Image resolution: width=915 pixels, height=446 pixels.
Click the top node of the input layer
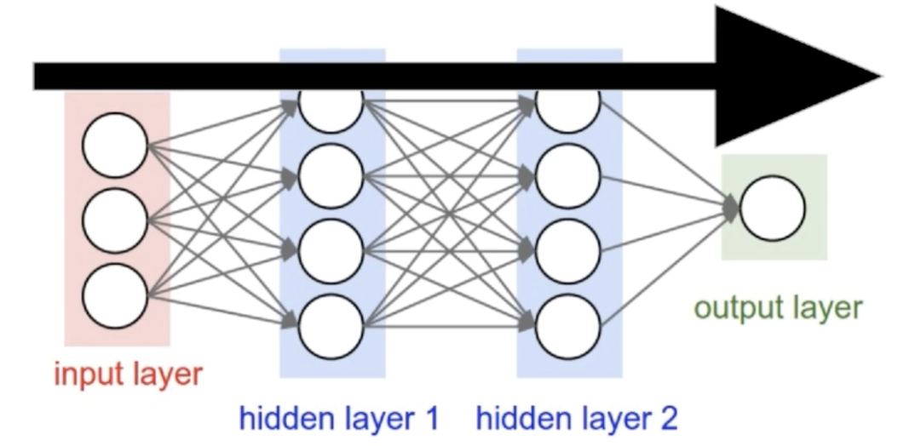(x=115, y=145)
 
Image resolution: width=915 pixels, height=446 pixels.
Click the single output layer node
(x=772, y=208)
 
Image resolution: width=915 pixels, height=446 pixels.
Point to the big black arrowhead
(x=792, y=77)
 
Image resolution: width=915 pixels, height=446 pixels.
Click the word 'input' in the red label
(x=83, y=375)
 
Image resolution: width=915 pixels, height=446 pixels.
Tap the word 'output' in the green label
(x=736, y=308)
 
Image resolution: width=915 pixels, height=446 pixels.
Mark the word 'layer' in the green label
(x=823, y=308)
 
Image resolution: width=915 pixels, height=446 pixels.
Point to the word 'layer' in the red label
(x=162, y=375)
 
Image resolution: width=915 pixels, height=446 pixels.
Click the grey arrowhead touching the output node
(x=732, y=207)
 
